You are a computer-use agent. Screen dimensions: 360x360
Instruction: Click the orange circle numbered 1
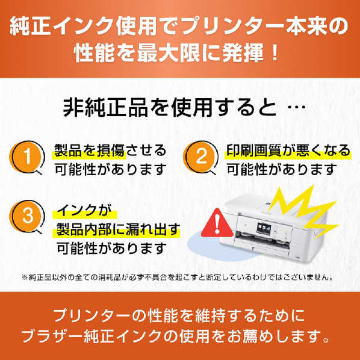26,157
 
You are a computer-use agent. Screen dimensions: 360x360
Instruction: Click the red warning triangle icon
217,223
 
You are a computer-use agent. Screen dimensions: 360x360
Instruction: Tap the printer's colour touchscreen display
264,229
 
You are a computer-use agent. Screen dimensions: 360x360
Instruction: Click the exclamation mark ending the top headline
275,53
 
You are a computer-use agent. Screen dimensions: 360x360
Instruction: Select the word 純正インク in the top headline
62,26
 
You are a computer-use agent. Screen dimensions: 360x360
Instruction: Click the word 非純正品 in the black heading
105,107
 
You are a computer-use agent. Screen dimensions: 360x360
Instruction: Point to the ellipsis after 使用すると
296,107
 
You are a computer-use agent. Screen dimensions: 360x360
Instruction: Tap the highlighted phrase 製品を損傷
90,151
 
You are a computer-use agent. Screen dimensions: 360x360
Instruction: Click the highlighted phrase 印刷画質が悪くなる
288,151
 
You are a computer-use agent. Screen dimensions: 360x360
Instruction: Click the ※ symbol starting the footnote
25,278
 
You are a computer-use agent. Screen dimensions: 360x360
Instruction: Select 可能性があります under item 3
111,249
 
